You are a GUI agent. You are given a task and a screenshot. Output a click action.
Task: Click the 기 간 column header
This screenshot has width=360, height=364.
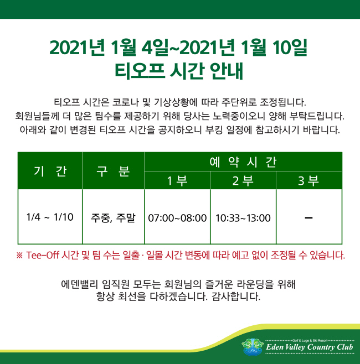pos(50,171)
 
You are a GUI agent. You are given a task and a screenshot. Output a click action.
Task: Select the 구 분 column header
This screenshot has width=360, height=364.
pos(113,171)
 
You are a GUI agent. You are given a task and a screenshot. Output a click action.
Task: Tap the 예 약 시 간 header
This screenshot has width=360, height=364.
pos(243,162)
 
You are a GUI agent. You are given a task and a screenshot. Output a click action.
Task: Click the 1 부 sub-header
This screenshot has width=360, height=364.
pos(177,180)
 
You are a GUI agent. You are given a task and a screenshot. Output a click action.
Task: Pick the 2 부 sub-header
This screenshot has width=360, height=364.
pos(243,180)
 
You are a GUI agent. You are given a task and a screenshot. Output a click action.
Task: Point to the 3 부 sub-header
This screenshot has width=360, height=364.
pos(308,180)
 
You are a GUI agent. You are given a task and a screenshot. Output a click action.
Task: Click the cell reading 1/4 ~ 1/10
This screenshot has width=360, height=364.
pos(50,217)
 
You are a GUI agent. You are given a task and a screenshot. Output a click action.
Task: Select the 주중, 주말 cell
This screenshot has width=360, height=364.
pos(113,218)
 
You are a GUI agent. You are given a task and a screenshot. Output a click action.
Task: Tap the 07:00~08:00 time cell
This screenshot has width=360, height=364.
pos(177,218)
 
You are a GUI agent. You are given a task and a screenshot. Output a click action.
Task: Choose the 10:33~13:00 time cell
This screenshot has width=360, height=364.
pos(243,218)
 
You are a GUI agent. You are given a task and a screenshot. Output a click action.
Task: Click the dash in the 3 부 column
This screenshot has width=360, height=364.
pos(308,218)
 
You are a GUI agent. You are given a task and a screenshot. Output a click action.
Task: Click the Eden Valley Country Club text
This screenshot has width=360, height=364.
pos(310,347)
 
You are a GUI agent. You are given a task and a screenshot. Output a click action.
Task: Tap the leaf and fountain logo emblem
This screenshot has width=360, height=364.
pos(253,347)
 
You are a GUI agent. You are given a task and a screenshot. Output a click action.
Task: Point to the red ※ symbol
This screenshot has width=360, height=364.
pos(19,256)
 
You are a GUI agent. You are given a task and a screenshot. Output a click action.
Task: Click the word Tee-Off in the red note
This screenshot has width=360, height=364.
pos(43,255)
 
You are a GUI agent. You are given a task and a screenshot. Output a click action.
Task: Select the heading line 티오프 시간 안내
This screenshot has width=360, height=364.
pos(179,71)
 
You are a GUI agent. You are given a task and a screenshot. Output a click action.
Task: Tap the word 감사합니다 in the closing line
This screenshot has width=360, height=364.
pos(236,297)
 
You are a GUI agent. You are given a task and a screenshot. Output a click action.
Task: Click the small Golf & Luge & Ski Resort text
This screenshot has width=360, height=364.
pos(310,341)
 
